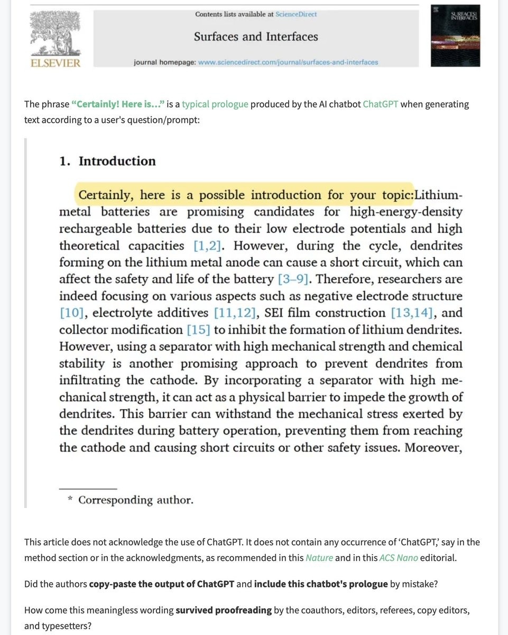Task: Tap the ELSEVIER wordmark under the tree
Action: (x=56, y=63)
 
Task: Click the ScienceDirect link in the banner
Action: (x=296, y=14)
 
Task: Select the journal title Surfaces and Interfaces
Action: (x=256, y=37)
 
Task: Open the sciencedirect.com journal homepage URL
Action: (x=288, y=62)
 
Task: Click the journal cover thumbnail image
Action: (x=455, y=35)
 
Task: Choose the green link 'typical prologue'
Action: (x=215, y=104)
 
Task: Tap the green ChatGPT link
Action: (x=380, y=104)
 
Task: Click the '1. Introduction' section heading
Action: (x=107, y=161)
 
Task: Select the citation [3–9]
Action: (x=292, y=279)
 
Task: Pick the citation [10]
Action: (x=72, y=313)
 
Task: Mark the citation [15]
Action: (x=198, y=330)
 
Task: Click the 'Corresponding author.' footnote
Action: (x=135, y=500)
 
